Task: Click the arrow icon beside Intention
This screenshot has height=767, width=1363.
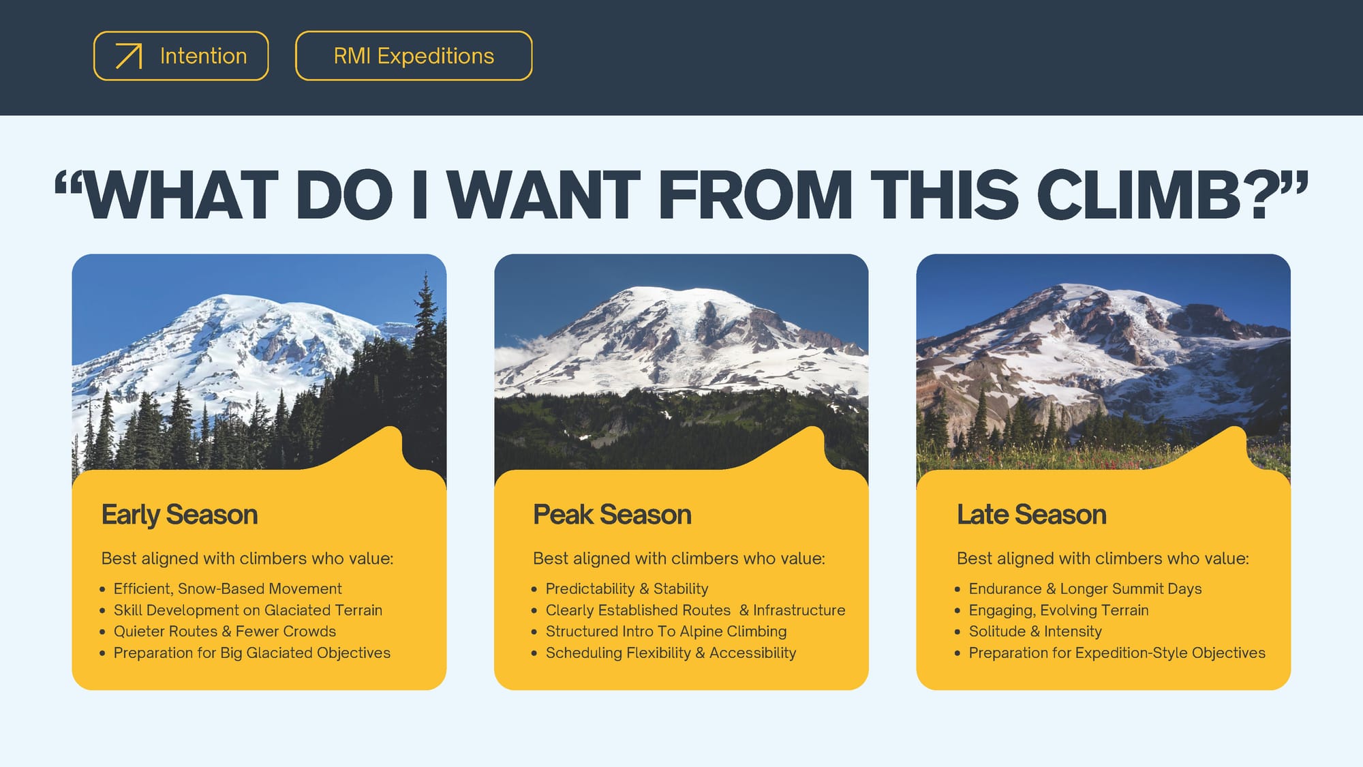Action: [129, 56]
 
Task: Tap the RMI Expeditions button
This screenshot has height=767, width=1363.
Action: [414, 56]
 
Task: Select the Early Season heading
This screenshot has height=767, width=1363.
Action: [179, 515]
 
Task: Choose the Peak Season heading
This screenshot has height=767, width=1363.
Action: [612, 515]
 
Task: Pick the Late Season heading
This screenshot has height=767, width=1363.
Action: [1031, 515]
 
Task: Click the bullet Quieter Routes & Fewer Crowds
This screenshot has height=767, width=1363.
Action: [225, 631]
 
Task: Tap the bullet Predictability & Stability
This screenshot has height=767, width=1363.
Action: [627, 588]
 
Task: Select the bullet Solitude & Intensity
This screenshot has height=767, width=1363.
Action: [1035, 631]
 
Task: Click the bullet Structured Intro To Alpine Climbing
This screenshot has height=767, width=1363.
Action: [666, 631]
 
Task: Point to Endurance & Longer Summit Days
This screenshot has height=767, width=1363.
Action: [1085, 588]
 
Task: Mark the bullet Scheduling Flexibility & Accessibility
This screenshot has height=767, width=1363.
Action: [671, 652]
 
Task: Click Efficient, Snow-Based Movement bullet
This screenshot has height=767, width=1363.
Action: [228, 588]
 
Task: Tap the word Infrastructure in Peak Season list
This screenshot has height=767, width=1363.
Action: [799, 610]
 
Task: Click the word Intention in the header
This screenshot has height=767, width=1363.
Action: [203, 56]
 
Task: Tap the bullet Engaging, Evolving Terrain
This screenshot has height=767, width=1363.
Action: [1058, 610]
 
